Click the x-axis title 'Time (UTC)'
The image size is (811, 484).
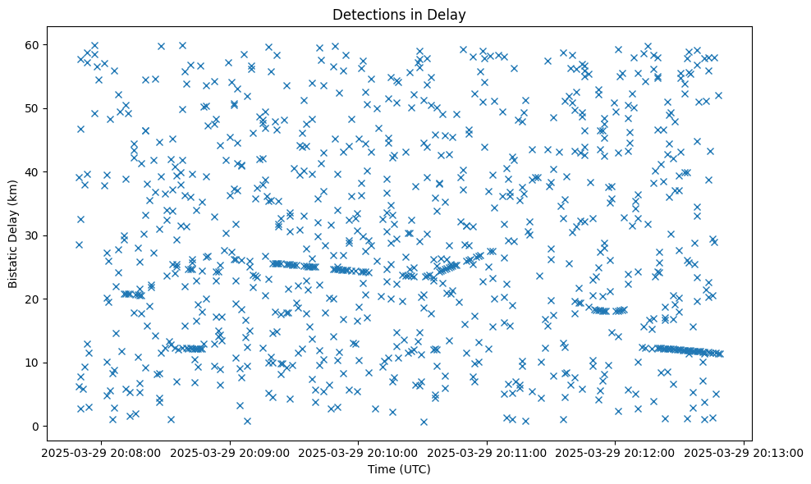[398, 469]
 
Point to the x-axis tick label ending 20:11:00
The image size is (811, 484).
[487, 452]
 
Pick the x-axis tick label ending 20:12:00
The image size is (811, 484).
[615, 452]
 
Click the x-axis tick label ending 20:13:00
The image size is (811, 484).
[744, 452]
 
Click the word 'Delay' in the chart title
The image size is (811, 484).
[448, 14]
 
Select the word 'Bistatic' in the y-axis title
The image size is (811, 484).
[13, 264]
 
